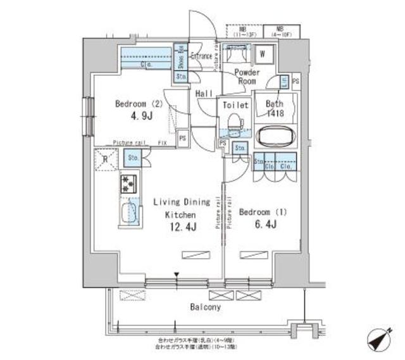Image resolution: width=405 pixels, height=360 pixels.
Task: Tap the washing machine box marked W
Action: (x=262, y=54)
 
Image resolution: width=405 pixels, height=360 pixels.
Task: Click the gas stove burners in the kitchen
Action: (x=128, y=183)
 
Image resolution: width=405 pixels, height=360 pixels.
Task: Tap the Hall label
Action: (x=204, y=93)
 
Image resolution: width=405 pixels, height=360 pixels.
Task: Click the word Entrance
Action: (x=201, y=56)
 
